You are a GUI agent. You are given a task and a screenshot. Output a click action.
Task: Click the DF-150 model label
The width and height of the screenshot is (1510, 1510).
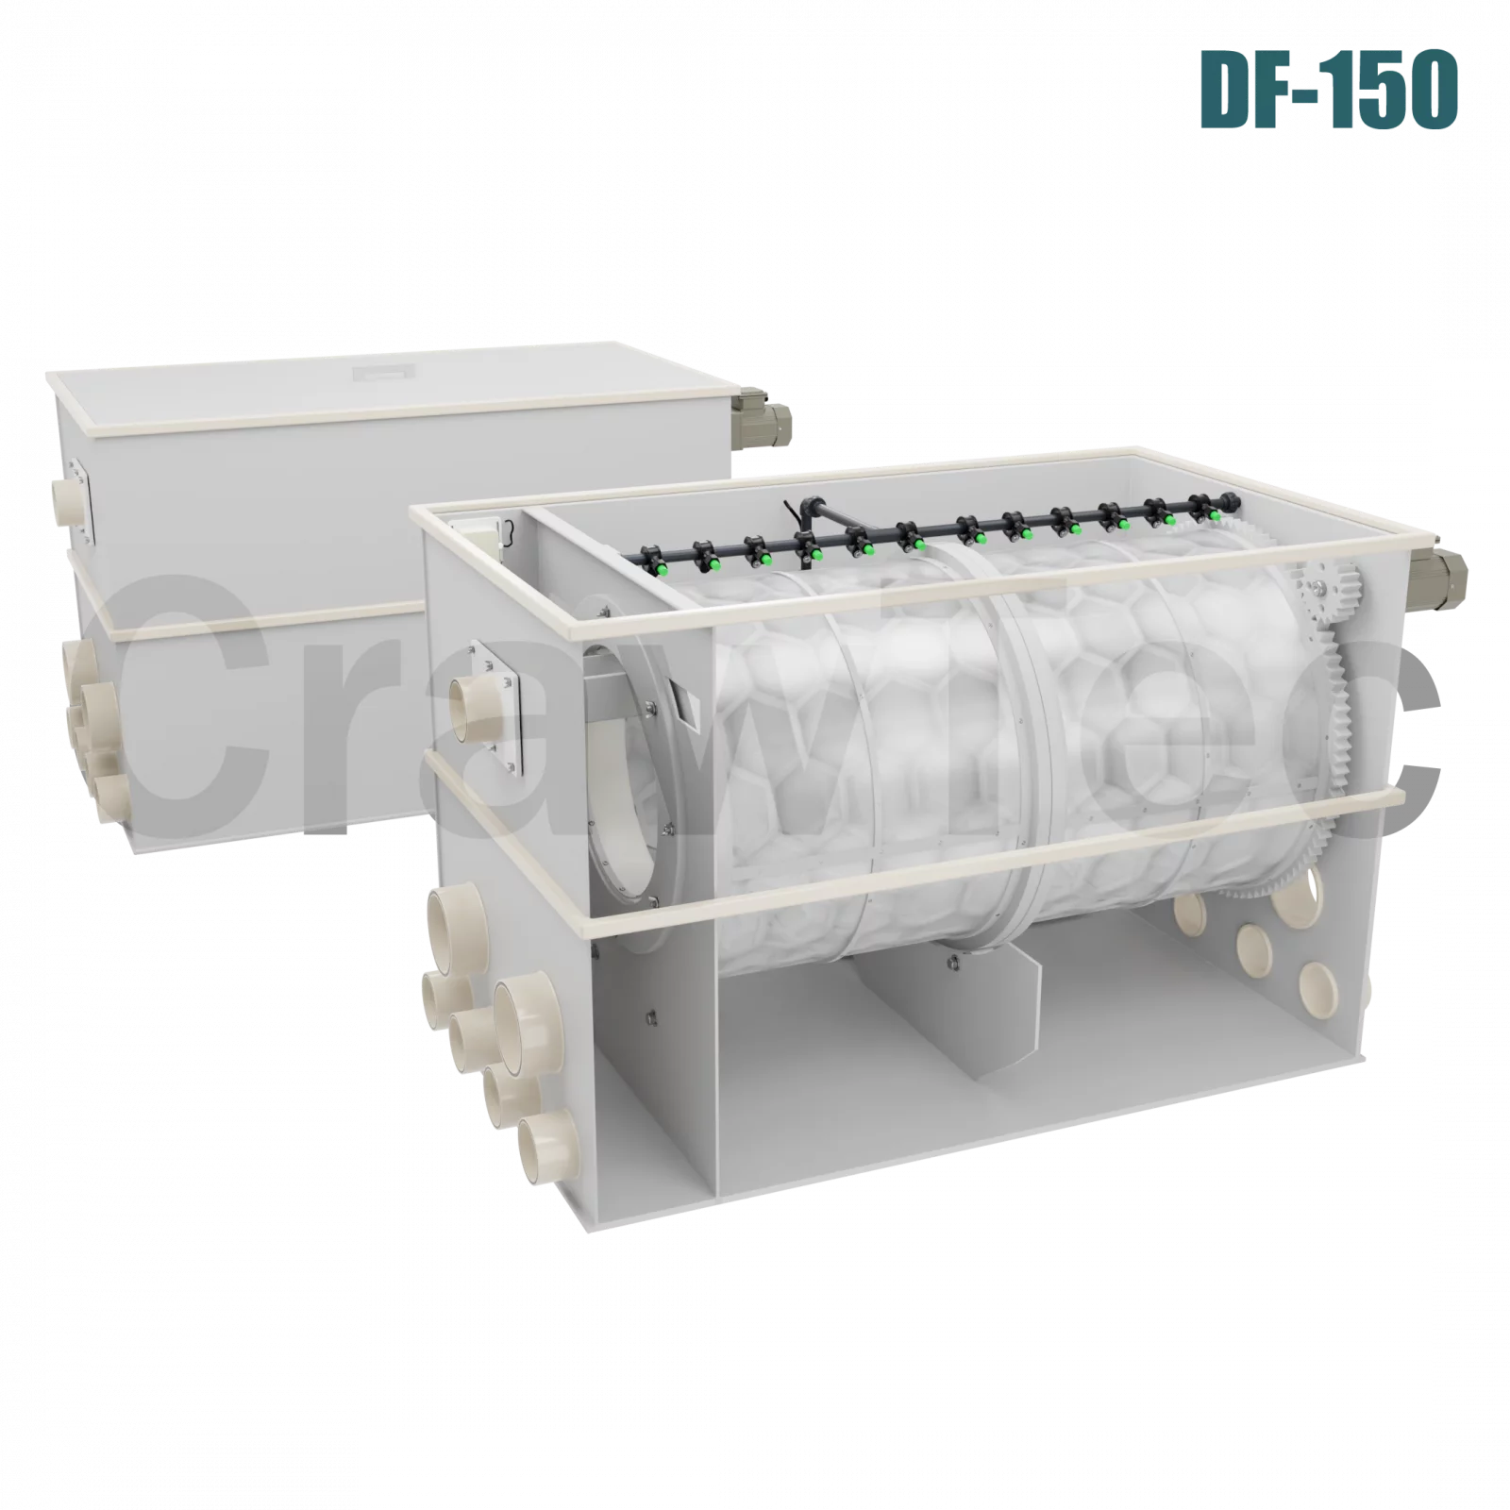pyautogui.click(x=1330, y=89)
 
